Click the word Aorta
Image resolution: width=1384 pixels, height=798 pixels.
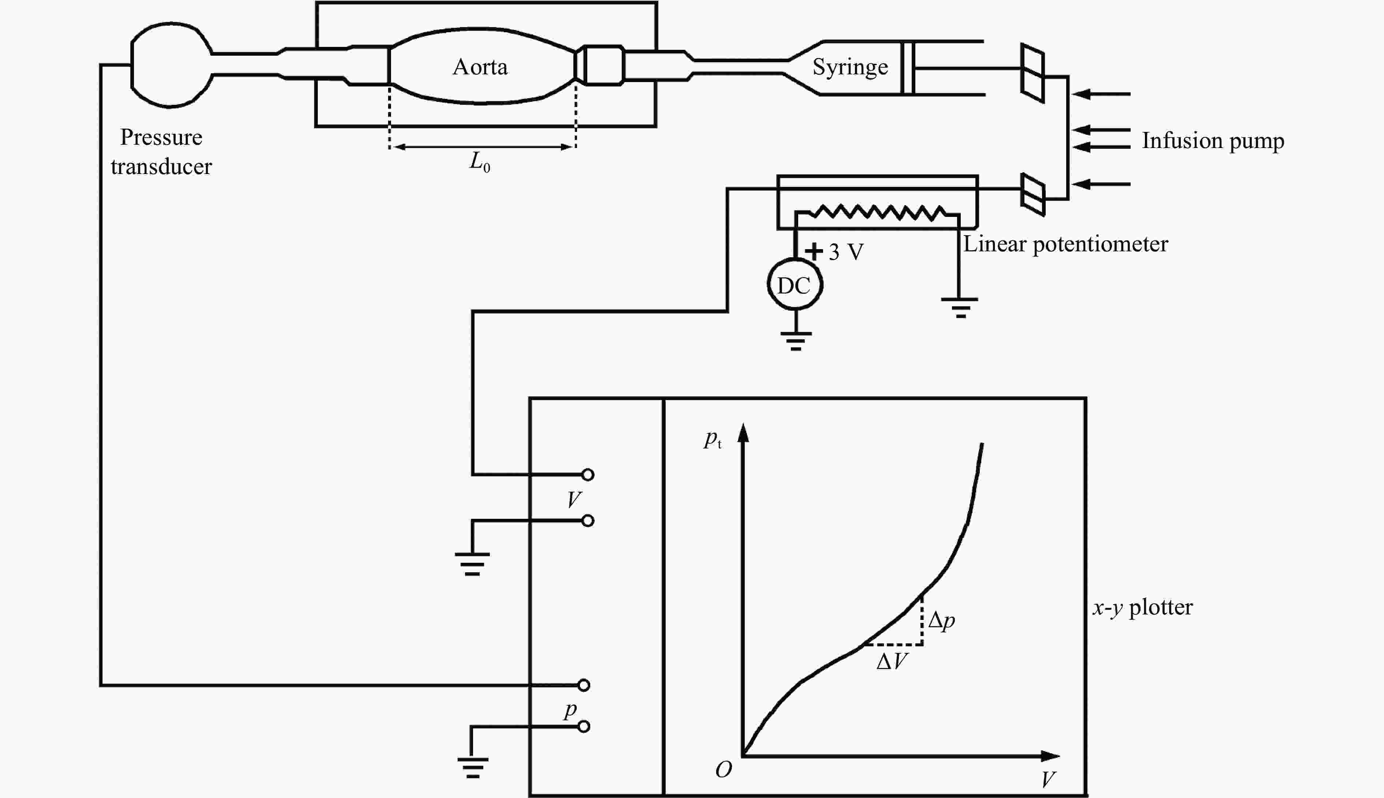(x=480, y=67)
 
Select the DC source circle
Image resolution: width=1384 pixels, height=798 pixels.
(x=795, y=284)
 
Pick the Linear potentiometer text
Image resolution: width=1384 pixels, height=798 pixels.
(x=1065, y=244)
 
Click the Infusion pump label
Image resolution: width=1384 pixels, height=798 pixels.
(x=1213, y=140)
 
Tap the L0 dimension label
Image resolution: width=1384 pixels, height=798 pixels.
(x=480, y=162)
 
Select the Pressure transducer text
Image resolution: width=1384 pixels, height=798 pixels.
(x=161, y=151)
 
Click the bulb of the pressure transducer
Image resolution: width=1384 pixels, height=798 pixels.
(x=132, y=65)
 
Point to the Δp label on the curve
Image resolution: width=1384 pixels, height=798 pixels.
(x=941, y=620)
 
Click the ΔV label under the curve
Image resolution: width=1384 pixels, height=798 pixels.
(x=892, y=661)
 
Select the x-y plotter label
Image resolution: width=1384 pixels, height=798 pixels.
(x=1142, y=607)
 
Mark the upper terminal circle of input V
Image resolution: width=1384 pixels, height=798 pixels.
(x=588, y=474)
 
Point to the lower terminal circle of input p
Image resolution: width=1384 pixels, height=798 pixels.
(x=584, y=727)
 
